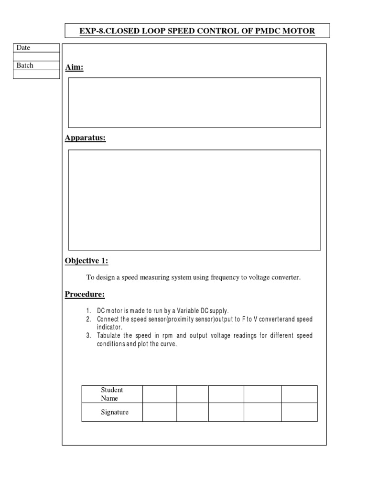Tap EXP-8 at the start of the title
(90, 31)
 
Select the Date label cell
(36, 48)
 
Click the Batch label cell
(36, 65)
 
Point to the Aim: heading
(74, 68)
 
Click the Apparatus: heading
(86, 138)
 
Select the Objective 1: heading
(86, 260)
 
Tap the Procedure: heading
(85, 294)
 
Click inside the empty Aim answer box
(194, 103)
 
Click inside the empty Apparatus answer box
(194, 200)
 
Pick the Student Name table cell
(112, 394)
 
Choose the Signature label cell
(114, 412)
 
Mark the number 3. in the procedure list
(89, 336)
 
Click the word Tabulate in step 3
(110, 336)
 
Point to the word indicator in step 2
(109, 327)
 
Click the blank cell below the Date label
(36, 56)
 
